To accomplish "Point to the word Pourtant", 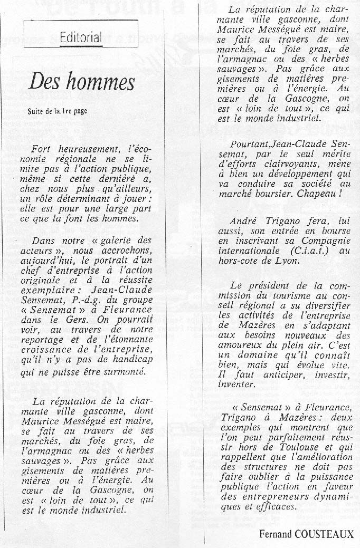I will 250,145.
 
